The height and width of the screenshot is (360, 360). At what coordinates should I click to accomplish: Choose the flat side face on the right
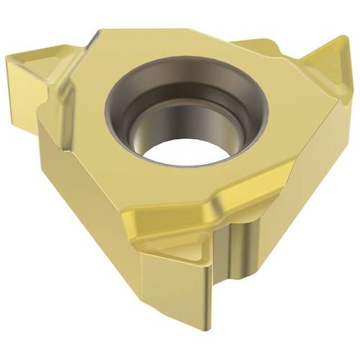pos(317,166)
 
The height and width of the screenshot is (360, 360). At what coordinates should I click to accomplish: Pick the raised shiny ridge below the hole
pos(238,205)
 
